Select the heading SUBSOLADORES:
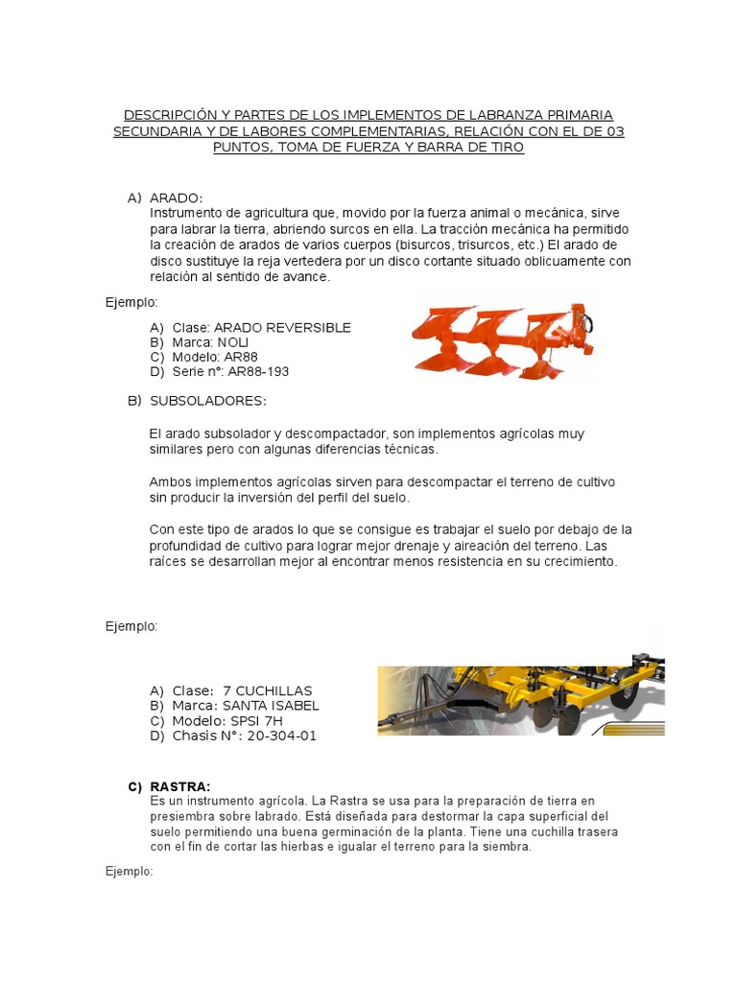tap(207, 400)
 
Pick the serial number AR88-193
tap(258, 371)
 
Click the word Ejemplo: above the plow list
tap(131, 302)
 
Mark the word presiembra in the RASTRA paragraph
tap(184, 816)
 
